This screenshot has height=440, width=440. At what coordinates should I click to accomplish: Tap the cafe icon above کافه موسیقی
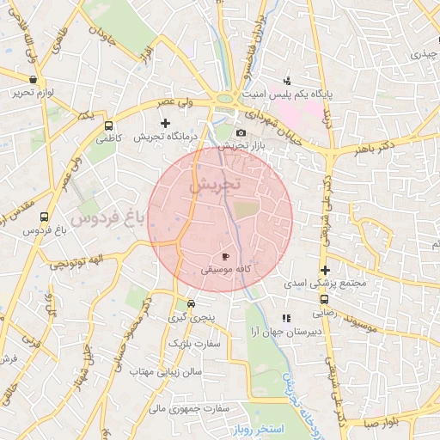(225, 256)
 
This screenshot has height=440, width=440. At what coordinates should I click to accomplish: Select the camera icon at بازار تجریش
(241, 132)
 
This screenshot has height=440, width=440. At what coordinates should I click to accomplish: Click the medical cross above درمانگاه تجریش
(165, 124)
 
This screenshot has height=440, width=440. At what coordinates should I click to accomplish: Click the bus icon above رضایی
(324, 300)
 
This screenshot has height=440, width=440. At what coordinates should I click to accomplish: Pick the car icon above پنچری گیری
(191, 303)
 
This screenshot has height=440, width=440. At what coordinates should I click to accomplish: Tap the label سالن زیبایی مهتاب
(165, 372)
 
